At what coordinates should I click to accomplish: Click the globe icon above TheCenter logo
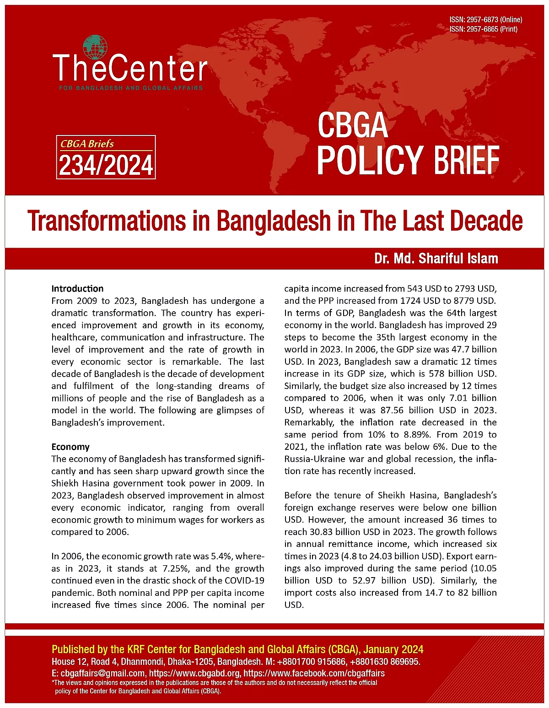click(x=95, y=48)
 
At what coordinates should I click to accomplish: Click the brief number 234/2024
click(x=106, y=165)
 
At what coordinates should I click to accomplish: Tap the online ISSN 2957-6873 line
click(x=485, y=20)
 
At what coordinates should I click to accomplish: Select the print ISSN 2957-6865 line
click(x=483, y=29)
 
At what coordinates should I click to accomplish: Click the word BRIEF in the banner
click(x=466, y=160)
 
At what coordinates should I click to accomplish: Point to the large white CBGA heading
click(x=353, y=125)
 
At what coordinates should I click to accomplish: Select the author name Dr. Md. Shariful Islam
click(x=436, y=259)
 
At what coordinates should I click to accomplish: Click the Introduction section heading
click(x=77, y=289)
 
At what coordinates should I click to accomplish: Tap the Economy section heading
click(x=70, y=447)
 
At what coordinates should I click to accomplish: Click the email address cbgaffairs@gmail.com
click(x=103, y=673)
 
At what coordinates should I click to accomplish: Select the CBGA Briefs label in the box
click(x=87, y=144)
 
